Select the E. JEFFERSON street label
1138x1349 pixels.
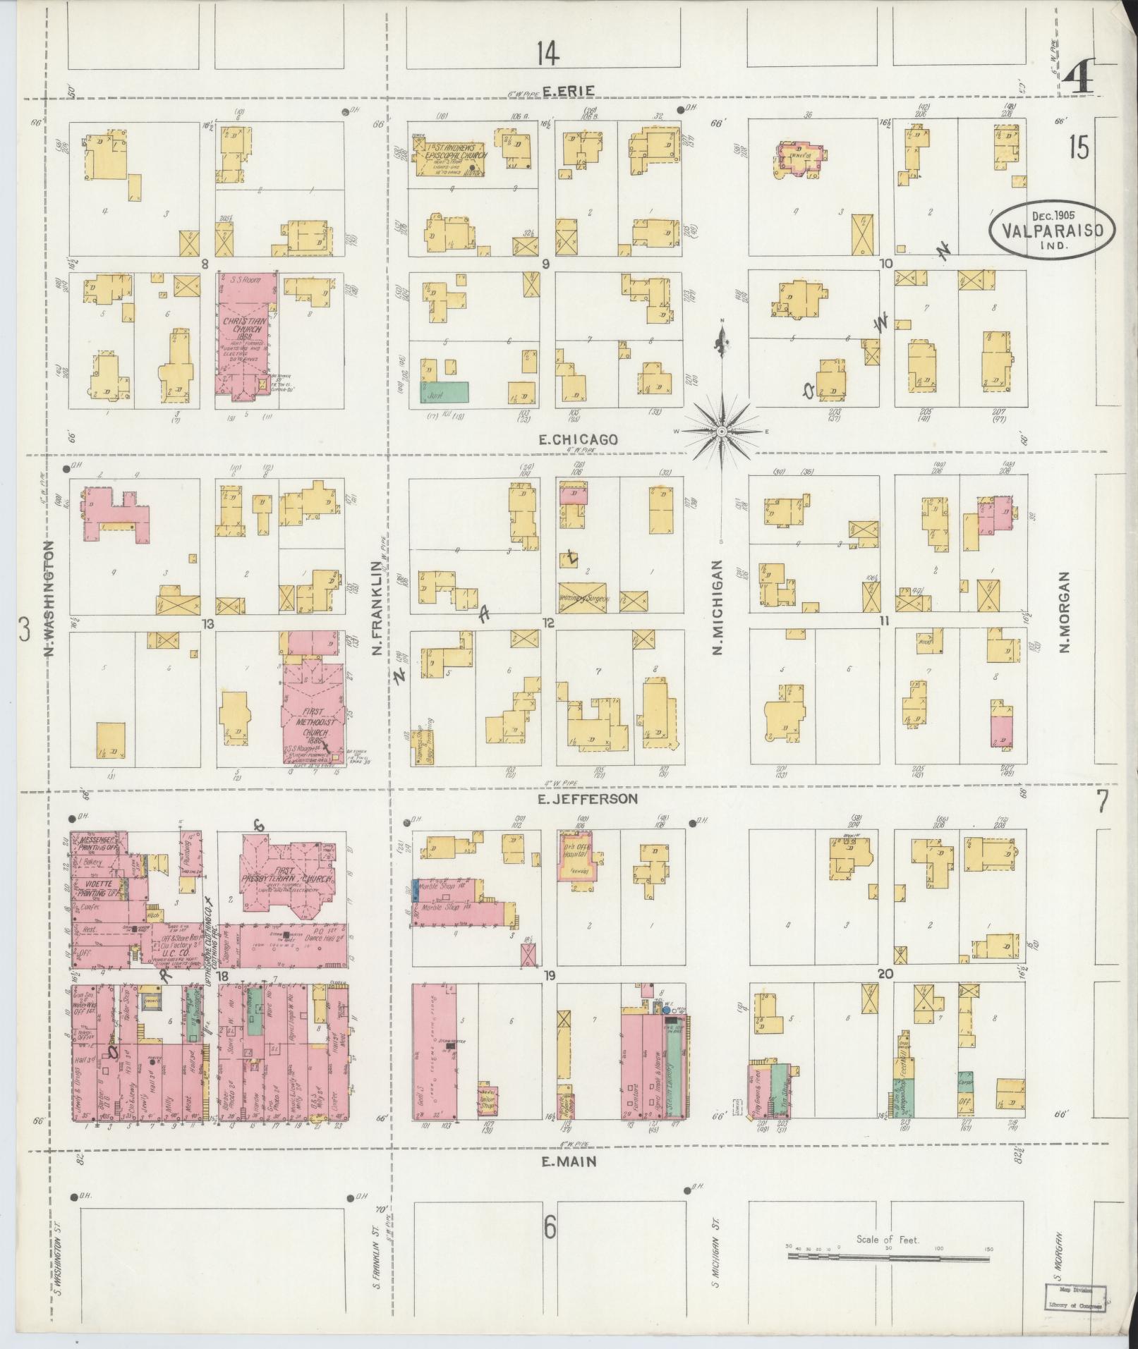coord(588,799)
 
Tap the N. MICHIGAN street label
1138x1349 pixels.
coord(718,608)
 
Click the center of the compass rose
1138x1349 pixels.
coord(722,430)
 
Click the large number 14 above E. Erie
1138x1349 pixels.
coord(547,52)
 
